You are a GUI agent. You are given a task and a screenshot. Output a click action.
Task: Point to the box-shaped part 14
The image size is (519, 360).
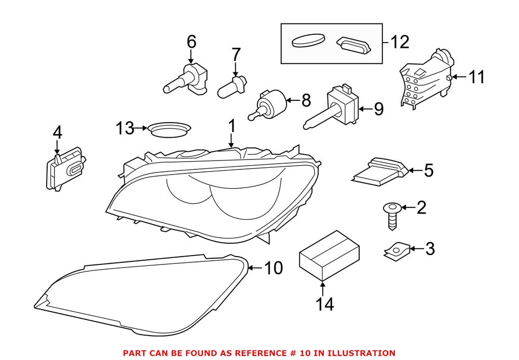[329, 256]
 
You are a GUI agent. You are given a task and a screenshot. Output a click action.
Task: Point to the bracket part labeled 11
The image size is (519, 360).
[424, 85]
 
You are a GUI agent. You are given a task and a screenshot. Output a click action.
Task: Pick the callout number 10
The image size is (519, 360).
[274, 269]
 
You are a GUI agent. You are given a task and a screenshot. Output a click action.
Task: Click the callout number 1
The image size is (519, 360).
[231, 126]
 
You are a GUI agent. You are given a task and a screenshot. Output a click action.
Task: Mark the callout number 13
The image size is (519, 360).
[125, 128]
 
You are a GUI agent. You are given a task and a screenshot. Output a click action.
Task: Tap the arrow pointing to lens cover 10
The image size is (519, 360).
[253, 268]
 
